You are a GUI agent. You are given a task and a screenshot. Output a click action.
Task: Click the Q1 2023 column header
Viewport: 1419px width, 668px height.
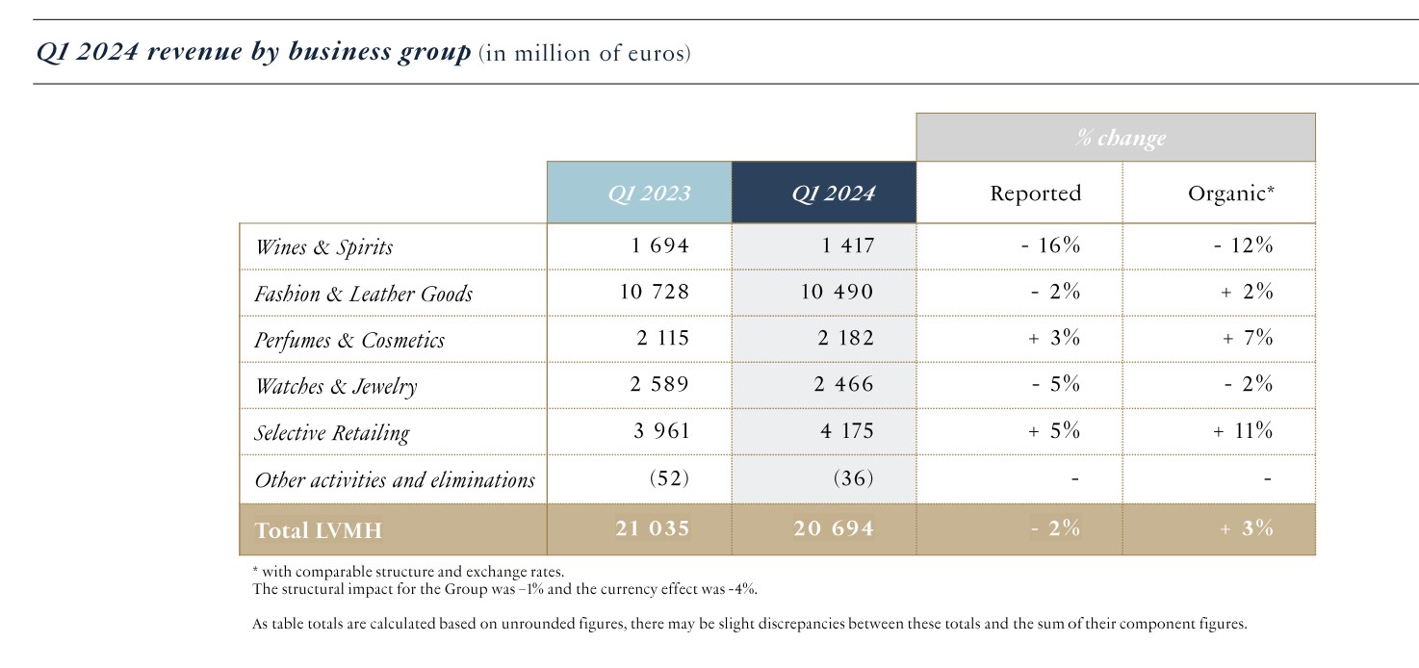(648, 193)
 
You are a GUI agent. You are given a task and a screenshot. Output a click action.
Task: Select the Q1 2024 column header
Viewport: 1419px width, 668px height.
(833, 193)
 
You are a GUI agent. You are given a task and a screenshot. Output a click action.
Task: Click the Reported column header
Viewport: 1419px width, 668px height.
(1035, 193)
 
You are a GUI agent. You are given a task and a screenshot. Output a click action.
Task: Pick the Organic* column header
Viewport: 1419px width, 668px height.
(1230, 193)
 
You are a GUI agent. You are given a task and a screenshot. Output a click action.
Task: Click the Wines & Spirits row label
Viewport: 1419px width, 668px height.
(323, 247)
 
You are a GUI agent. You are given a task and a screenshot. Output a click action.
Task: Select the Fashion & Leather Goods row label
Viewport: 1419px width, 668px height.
(363, 294)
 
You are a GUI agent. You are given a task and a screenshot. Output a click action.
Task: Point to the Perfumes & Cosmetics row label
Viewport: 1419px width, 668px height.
(348, 340)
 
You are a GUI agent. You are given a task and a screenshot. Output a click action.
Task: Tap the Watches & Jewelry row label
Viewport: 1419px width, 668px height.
(335, 386)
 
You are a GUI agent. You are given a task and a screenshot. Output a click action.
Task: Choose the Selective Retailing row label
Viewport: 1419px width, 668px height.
(331, 433)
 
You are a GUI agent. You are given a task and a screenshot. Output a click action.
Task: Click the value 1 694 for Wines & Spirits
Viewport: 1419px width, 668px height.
(660, 245)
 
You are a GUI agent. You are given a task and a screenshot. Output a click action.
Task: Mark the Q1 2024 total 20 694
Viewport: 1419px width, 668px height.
(834, 528)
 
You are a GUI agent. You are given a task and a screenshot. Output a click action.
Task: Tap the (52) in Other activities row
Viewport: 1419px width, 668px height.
(669, 478)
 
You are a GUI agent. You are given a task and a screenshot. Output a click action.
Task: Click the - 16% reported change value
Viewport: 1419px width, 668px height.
(1050, 245)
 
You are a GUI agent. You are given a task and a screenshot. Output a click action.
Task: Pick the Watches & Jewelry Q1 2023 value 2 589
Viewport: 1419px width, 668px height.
(660, 385)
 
